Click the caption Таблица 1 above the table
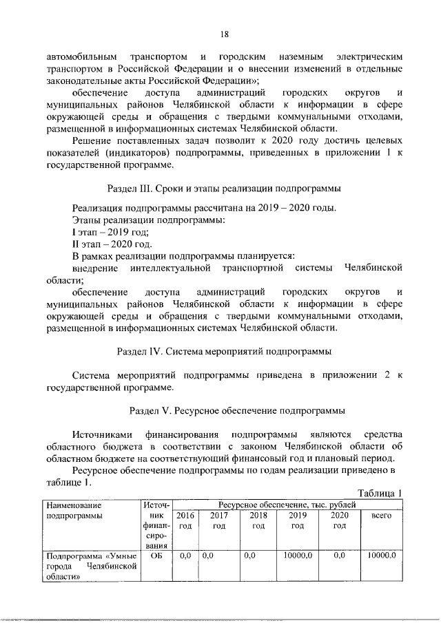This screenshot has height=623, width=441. [381, 493]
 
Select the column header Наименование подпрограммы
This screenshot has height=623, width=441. [72, 510]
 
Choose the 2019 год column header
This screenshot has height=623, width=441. [298, 520]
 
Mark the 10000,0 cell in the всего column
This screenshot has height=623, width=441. [381, 555]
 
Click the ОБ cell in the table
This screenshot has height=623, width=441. [155, 555]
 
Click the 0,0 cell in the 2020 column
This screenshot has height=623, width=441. [338, 555]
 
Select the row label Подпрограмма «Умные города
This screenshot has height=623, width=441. [90, 555]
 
